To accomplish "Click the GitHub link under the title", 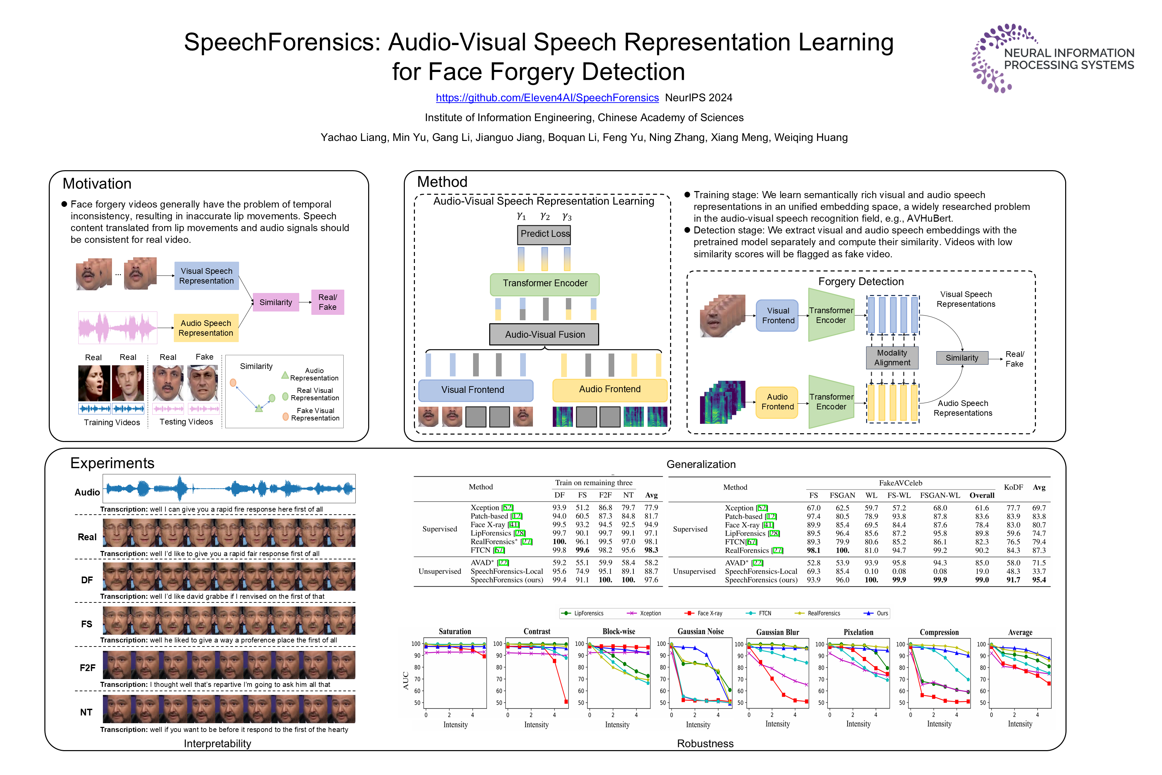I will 547,98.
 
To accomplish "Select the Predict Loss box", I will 544,234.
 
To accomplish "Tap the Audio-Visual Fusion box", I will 544,335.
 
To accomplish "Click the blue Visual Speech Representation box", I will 206,276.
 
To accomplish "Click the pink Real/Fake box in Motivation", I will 327,302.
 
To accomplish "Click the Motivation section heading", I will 97,184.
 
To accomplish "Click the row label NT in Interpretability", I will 86,712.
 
